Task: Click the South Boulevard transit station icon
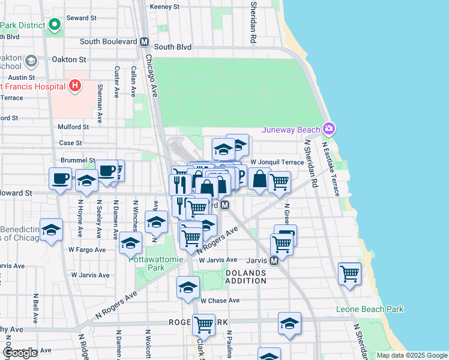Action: [x=144, y=43]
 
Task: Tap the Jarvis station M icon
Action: [x=274, y=261]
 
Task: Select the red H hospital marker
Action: [x=74, y=86]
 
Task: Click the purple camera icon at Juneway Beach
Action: [x=328, y=128]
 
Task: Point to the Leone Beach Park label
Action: [x=370, y=309]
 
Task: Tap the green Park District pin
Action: [x=54, y=25]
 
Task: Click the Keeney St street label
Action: [x=165, y=7]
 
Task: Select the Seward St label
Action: [x=82, y=18]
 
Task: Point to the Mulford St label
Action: [x=73, y=127]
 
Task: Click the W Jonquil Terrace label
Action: [x=277, y=162]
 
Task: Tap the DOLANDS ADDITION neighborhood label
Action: [x=246, y=277]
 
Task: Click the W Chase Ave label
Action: [x=220, y=300]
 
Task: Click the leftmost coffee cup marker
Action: [x=60, y=178]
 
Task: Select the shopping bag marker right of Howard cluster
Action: [x=259, y=179]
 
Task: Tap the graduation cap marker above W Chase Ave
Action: [x=188, y=287]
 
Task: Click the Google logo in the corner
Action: [x=20, y=353]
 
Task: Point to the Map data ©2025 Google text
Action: [x=411, y=355]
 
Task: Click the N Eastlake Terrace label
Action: [x=332, y=168]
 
